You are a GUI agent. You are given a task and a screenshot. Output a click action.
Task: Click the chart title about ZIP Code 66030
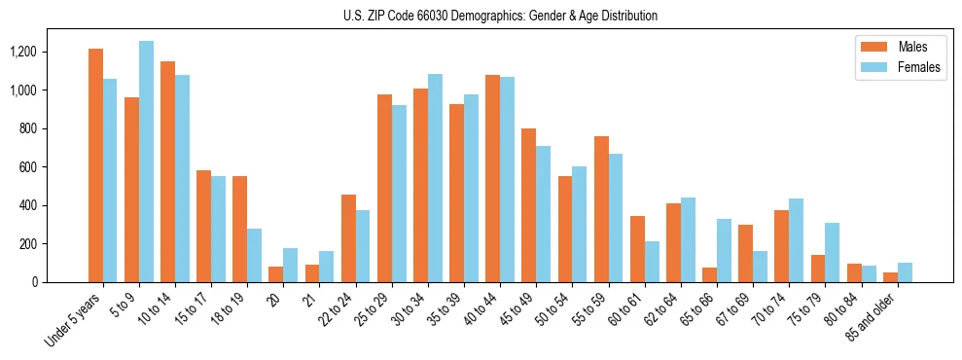point(500,16)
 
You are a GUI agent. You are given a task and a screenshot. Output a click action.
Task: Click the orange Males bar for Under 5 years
point(95,165)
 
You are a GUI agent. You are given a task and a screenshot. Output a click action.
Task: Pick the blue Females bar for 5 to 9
point(146,162)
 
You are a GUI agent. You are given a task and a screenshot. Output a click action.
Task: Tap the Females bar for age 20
point(290,266)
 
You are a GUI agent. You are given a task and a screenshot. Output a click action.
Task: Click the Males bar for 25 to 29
point(384,188)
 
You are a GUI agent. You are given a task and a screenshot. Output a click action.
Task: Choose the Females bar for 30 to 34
point(435,178)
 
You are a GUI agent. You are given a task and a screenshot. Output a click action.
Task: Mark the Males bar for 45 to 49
point(528,205)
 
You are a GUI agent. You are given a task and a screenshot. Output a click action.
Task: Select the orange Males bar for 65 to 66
point(709,274)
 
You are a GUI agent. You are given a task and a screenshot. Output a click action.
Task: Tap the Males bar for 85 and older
point(890,277)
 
